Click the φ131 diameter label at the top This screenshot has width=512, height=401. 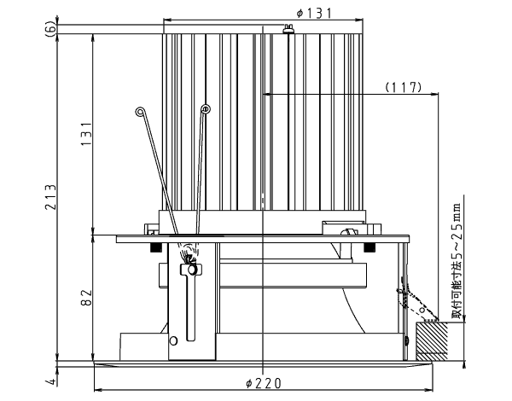(x=313, y=13)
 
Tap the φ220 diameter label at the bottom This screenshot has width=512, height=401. (x=263, y=383)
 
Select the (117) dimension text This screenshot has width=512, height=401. (x=404, y=87)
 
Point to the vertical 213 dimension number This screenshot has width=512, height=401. (x=50, y=197)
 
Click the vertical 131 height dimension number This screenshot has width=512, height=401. (x=86, y=134)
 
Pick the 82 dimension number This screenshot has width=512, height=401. (x=86, y=298)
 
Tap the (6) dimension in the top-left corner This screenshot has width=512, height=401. (x=50, y=29)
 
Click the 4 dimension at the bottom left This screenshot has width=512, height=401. (x=52, y=381)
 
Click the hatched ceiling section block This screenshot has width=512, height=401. (x=432, y=341)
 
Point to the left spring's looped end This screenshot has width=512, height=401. (x=140, y=112)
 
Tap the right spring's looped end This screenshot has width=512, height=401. (x=206, y=108)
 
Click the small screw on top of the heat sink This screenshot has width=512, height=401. (x=288, y=29)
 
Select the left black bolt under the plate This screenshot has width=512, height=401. (x=156, y=247)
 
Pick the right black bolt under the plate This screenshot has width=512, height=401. (x=369, y=247)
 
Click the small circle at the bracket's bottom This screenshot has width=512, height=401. (x=174, y=341)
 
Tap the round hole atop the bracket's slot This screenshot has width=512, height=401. (x=192, y=270)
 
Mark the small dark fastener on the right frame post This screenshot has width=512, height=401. (x=406, y=341)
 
